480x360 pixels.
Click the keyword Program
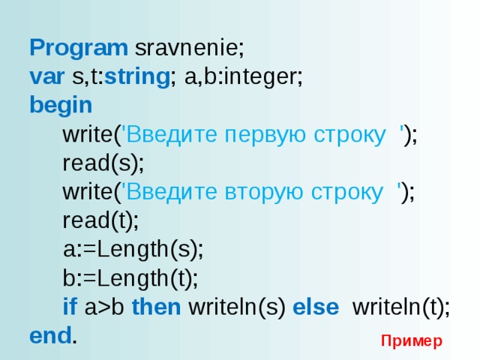coord(79,48)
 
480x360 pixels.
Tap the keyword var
coord(46,76)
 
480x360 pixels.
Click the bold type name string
coord(137,77)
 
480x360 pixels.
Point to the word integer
coord(261,77)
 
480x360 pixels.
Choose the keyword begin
coord(61,106)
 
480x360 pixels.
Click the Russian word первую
coord(265,135)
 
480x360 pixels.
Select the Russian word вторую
coord(264,193)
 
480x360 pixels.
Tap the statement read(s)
coord(102,163)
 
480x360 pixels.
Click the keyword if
coord(70,307)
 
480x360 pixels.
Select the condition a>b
coord(104,307)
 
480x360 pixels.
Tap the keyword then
coord(156,307)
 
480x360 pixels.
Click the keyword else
coord(316,307)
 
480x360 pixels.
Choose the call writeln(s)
coord(237,307)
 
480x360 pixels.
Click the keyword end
coord(50,335)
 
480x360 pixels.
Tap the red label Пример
coord(412,341)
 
